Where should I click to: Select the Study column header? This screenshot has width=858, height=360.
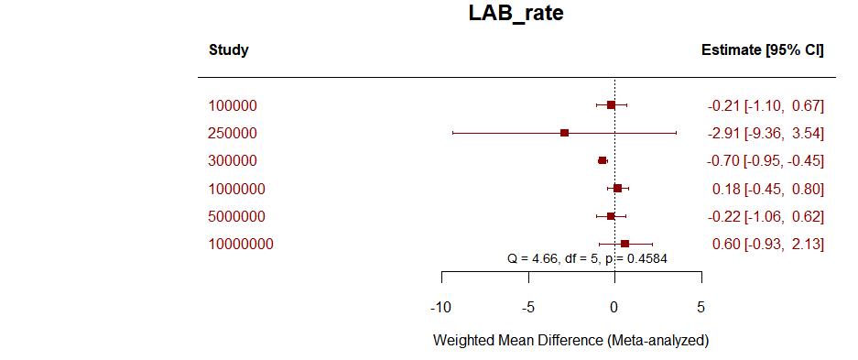228,50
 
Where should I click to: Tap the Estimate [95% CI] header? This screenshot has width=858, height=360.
762,50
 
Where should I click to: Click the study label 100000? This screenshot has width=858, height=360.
233,105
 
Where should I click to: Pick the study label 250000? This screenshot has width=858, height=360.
233,133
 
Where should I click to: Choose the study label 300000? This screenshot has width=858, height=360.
233,161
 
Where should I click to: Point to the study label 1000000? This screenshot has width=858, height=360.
236,189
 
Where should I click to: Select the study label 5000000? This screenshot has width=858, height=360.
236,216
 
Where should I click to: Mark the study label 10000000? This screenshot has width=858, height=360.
240,244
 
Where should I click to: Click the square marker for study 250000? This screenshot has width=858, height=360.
564,133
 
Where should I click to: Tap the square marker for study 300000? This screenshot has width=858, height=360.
602,161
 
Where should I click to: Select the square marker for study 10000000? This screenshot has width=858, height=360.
624,244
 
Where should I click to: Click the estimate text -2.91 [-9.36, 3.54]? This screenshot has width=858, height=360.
766,133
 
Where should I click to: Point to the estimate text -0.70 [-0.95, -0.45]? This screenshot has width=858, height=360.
766,161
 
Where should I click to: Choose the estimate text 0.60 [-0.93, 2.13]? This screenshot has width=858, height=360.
767,244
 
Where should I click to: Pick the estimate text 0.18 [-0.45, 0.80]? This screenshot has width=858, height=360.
767,189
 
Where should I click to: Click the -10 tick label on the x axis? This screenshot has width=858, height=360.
440,306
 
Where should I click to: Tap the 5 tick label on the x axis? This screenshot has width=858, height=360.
701,306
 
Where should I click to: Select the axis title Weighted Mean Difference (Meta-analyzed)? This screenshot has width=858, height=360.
570,341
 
